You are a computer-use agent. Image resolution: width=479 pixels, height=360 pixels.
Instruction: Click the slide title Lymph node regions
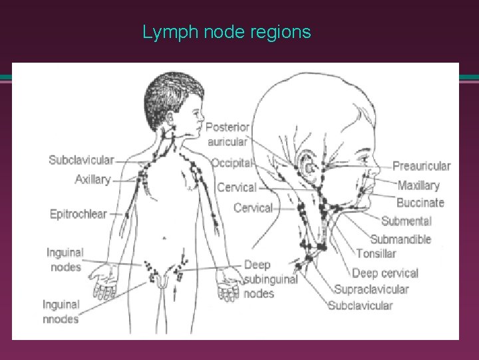[227, 32]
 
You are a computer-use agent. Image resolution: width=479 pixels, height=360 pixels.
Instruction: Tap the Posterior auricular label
[228, 134]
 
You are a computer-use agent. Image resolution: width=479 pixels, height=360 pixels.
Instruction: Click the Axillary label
[92, 179]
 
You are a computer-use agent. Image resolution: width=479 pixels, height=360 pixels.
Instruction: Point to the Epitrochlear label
[78, 214]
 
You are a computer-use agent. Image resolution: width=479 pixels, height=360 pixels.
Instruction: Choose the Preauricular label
[422, 166]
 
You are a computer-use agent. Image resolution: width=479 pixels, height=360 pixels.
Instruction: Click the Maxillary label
[418, 185]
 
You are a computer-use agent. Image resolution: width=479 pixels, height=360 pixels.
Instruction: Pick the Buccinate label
[420, 202]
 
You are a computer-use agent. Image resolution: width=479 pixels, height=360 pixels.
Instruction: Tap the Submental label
[406, 221]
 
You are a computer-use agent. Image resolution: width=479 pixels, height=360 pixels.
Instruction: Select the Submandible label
[400, 239]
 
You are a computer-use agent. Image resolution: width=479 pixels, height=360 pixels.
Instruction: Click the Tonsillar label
[376, 253]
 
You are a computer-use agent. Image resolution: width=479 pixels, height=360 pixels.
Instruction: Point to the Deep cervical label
[385, 273]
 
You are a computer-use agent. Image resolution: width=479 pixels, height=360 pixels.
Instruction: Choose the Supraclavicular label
[371, 289]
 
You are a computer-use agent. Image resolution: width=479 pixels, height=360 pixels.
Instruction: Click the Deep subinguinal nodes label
[270, 279]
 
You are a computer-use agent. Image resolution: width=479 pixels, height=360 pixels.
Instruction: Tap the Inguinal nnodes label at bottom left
[61, 311]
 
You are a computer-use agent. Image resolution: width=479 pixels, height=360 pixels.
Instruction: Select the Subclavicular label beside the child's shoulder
[81, 160]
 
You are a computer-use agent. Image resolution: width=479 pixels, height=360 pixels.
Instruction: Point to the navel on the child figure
[164, 237]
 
